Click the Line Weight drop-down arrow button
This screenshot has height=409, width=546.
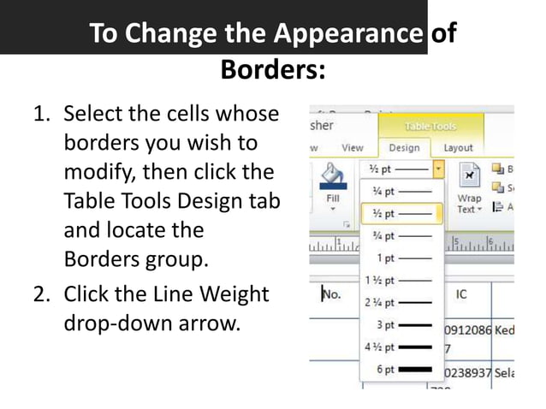tap(439, 169)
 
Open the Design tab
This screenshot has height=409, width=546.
tap(404, 147)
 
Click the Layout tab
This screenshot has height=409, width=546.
tap(458, 147)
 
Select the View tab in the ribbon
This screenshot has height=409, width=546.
tap(352, 147)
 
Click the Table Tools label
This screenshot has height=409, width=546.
tap(430, 126)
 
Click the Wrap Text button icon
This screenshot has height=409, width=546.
tap(469, 177)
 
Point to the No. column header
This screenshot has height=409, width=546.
tap(332, 294)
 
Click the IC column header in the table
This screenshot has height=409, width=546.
tap(461, 294)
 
